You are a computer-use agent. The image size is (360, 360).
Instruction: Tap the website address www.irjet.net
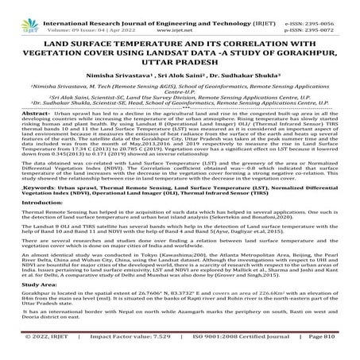pos(191,14)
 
